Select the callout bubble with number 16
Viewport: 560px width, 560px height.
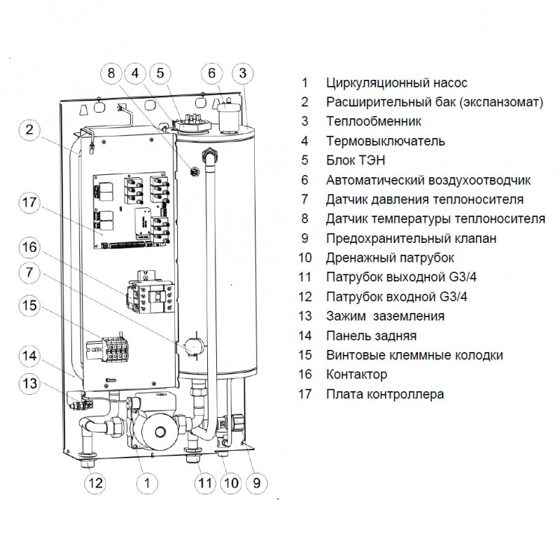29,247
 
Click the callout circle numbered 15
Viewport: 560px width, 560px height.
29,306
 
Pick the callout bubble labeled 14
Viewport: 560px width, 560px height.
29,356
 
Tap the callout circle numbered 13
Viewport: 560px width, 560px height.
29,383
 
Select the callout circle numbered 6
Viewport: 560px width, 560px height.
214,73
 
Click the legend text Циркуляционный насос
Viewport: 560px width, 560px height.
396,83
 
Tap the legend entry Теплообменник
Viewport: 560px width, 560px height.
372,122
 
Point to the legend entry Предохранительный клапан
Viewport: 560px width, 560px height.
411,239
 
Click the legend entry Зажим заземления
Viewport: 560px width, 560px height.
385,316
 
